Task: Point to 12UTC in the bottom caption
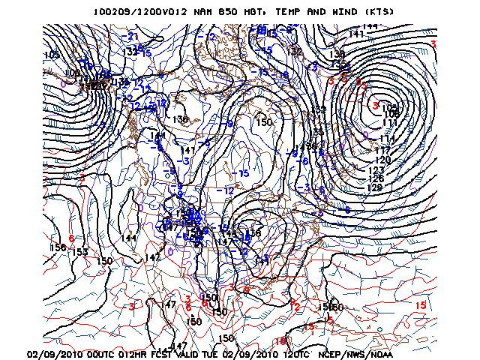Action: click(x=295, y=354)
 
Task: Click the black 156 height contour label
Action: click(x=58, y=247)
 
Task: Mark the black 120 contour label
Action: click(x=382, y=160)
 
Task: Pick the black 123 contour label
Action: click(x=377, y=170)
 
